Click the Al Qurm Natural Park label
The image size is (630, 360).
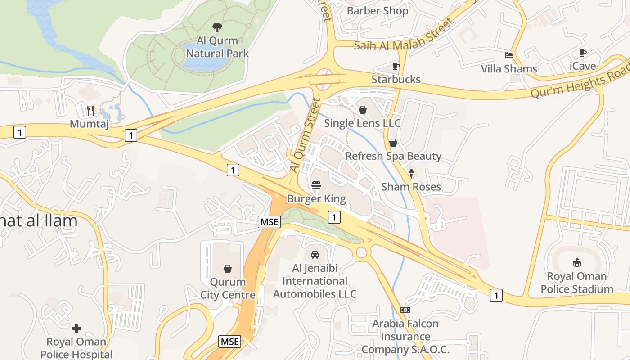217,47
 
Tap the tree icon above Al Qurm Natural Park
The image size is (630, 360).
217,27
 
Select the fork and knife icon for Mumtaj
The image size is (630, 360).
90,110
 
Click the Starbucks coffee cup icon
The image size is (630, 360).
396,67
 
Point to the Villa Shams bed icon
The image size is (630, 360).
509,55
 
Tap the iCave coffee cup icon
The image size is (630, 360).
583,53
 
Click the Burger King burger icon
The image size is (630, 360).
316,185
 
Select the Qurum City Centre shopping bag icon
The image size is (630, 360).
228,269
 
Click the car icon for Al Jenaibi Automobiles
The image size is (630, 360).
315,255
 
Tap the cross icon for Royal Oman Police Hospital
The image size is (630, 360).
76,328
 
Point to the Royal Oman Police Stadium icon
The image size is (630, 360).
577,262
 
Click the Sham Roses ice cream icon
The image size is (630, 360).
411,173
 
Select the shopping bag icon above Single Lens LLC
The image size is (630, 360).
363,109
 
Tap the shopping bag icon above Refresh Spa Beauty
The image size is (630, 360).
393,143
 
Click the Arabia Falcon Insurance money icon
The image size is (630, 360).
405,310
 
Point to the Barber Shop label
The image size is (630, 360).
378,11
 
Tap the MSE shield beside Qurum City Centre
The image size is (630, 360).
269,221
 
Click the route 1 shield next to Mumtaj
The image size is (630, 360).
130,135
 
